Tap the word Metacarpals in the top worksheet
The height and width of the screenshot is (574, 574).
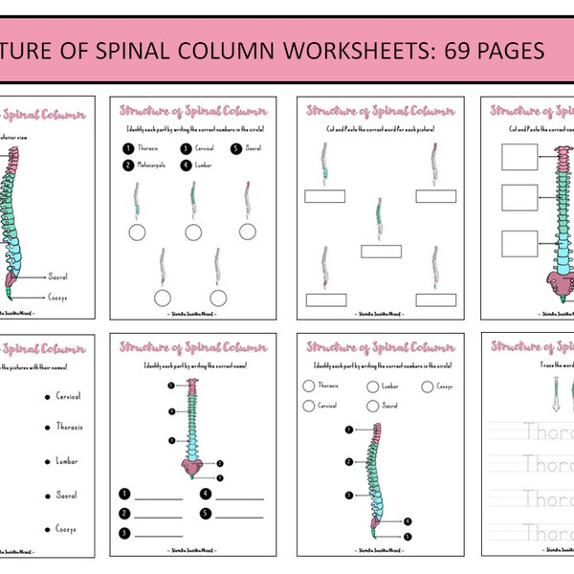click(154, 166)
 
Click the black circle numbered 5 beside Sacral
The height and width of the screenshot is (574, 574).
click(235, 148)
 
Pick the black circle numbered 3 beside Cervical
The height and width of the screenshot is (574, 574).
click(185, 148)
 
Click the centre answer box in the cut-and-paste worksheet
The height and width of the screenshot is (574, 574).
click(380, 251)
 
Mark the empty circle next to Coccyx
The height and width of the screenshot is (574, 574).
click(427, 386)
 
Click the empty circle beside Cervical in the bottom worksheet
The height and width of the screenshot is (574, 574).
click(307, 406)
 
